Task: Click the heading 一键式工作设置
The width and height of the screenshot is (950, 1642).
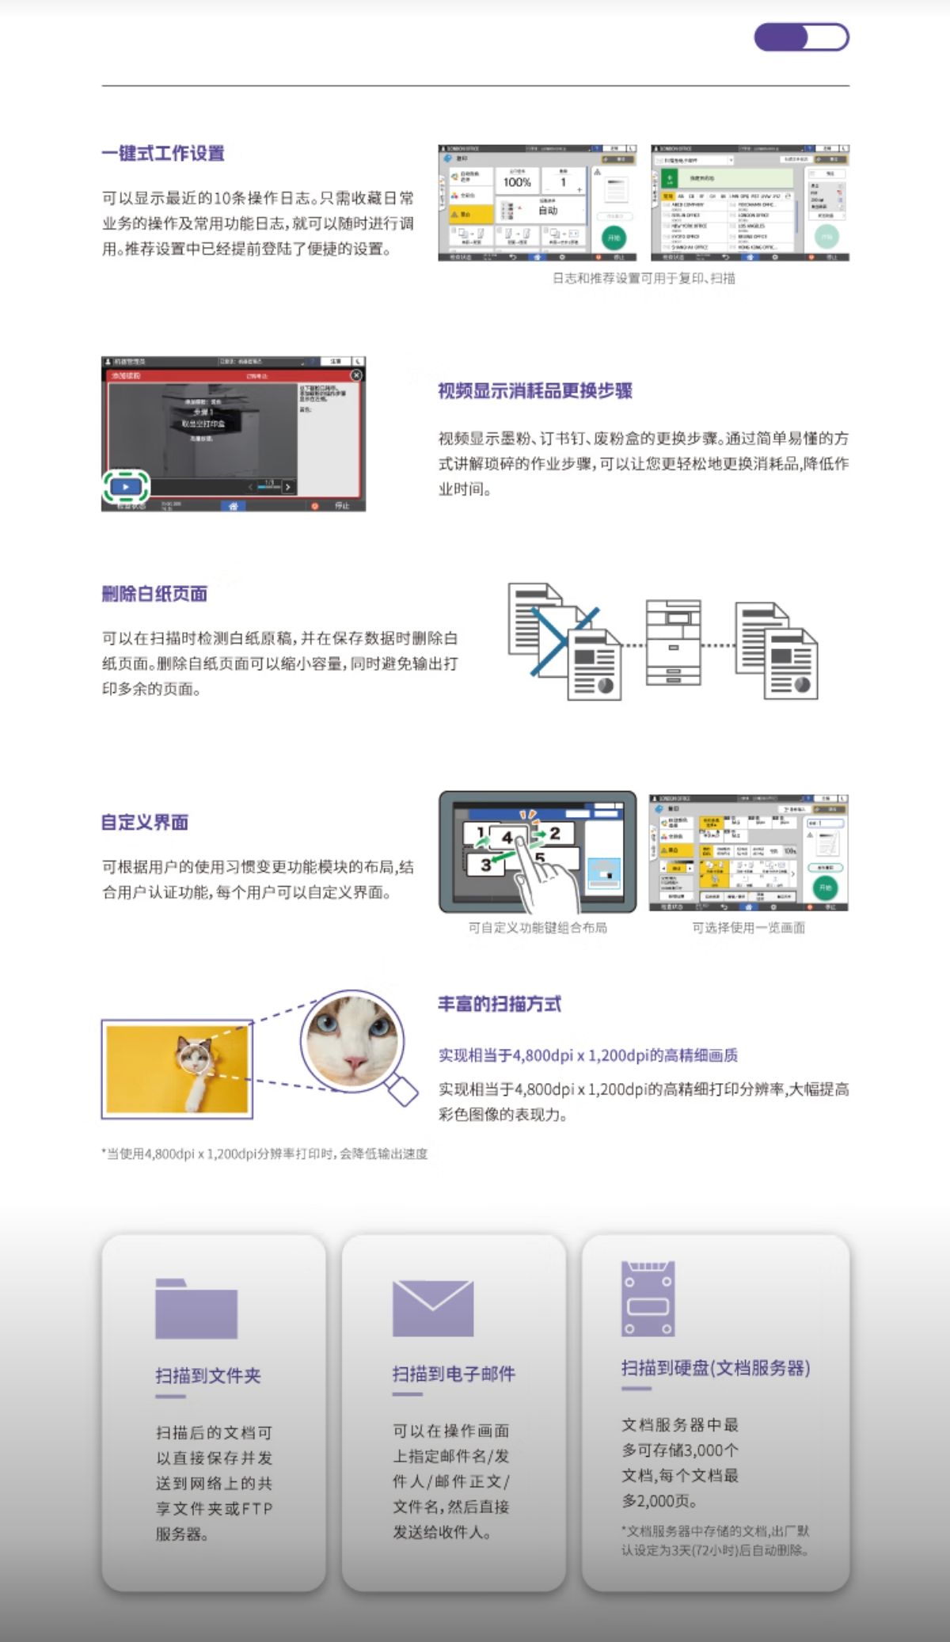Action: tap(163, 154)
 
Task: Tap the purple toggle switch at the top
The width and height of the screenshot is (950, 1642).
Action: tap(801, 37)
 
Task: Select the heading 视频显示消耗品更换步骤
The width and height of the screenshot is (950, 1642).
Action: tap(535, 391)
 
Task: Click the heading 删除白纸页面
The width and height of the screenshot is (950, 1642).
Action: tap(154, 594)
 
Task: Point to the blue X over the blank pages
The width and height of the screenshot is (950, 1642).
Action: tap(564, 640)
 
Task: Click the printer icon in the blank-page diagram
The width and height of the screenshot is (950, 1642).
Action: tap(673, 642)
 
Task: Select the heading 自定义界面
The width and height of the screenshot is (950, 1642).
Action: tap(145, 823)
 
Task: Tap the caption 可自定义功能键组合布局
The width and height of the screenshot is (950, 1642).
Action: tap(538, 928)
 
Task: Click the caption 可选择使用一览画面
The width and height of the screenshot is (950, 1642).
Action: tap(748, 928)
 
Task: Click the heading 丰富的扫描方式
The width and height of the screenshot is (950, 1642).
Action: tap(500, 1005)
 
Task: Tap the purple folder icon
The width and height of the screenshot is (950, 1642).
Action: tap(196, 1309)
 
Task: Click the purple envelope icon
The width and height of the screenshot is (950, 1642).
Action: tap(433, 1309)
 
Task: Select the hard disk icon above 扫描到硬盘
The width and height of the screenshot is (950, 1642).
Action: tap(648, 1298)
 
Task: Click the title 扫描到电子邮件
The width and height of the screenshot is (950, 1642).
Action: tap(454, 1374)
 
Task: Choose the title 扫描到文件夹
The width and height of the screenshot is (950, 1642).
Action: tap(208, 1375)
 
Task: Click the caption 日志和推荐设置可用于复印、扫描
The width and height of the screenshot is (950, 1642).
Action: tap(644, 279)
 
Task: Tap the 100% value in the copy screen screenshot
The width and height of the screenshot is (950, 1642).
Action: tap(517, 182)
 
